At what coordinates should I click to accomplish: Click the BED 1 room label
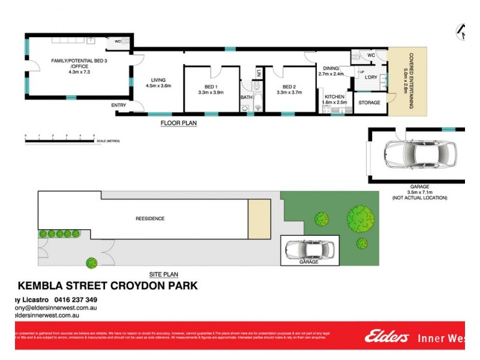pos(210,86)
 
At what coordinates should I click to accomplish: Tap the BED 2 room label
pos(290,86)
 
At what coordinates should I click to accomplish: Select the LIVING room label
pos(158,80)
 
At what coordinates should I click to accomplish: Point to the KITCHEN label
pos(335,97)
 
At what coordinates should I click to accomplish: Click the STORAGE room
pos(369,103)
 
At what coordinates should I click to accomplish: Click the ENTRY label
pos(119,106)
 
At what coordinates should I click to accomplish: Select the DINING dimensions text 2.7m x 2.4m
pos(331,74)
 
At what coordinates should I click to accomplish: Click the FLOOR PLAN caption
pos(178,123)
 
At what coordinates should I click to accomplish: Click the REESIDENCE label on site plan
pos(149,218)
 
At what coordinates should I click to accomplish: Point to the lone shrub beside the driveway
pos(91,262)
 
